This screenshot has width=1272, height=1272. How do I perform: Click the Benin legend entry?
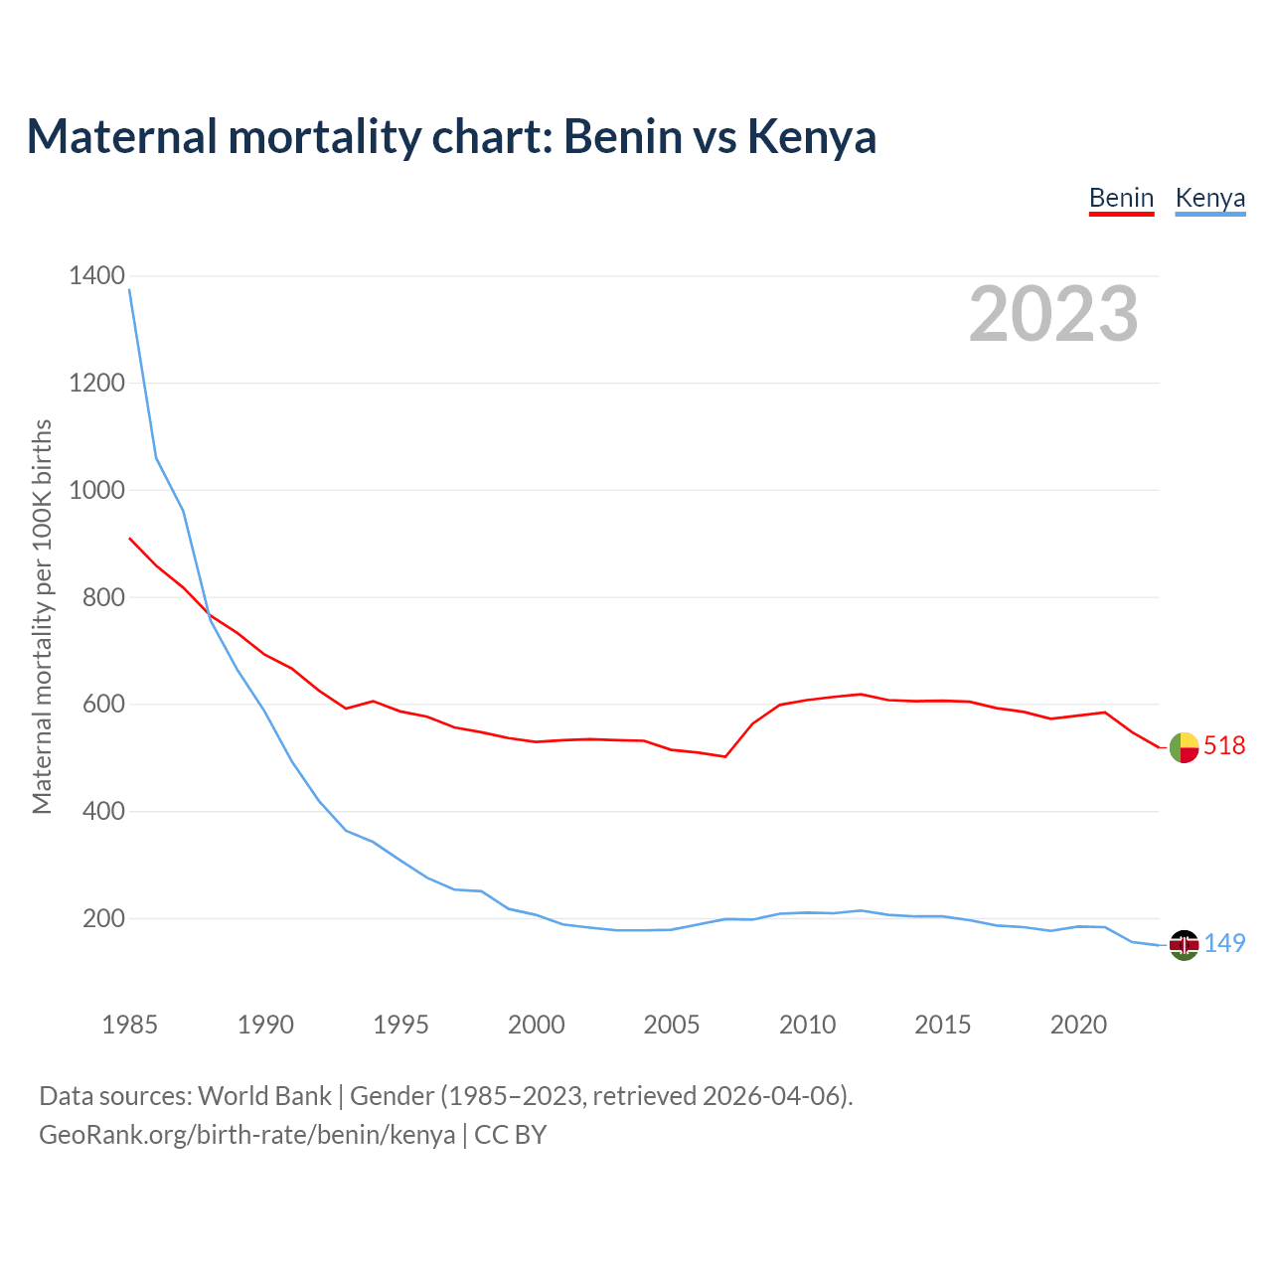pos(1121,198)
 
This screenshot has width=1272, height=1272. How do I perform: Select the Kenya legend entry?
pos(1209,198)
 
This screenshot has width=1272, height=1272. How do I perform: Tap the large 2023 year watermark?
pos(1053,314)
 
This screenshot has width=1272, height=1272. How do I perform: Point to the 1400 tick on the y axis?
pos(96,276)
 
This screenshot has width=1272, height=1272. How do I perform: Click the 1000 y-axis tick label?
pos(96,491)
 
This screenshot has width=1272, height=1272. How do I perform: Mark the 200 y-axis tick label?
pos(103,919)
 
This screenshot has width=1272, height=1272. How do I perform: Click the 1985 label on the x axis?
pos(129,1025)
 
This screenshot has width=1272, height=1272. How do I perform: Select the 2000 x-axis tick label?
pos(536,1025)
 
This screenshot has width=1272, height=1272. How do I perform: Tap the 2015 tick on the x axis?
pos(942,1025)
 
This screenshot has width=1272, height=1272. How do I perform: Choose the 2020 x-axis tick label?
pos(1078,1025)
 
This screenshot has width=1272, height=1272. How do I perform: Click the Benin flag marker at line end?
pos(1184,747)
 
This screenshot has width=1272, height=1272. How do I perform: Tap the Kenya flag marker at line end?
pos(1184,945)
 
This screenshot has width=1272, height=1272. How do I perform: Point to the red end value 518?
pos(1224,746)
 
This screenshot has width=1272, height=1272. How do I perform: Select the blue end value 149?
pos(1224,944)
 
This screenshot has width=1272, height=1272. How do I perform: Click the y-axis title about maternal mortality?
pos(42,616)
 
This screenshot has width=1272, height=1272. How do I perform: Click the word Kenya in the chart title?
pos(811,137)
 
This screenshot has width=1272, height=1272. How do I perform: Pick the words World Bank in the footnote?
pos(264,1096)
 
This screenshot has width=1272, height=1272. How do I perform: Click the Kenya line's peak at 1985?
pos(130,290)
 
